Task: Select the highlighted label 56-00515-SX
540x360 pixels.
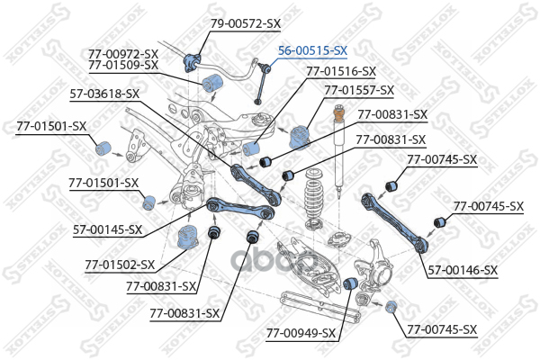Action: tap(313, 51)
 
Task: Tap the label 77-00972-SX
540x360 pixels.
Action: tap(123, 53)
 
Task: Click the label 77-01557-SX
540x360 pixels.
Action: tap(359, 90)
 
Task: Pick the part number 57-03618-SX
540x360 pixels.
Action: tap(104, 93)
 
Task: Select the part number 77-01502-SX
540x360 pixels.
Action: tap(120, 265)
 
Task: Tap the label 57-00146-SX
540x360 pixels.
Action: tap(463, 270)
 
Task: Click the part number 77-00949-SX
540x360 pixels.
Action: tap(301, 333)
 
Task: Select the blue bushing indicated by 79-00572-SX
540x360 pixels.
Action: tap(191, 61)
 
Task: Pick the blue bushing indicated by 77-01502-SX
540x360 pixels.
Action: tap(189, 238)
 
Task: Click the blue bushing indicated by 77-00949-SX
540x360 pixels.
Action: tap(354, 284)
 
